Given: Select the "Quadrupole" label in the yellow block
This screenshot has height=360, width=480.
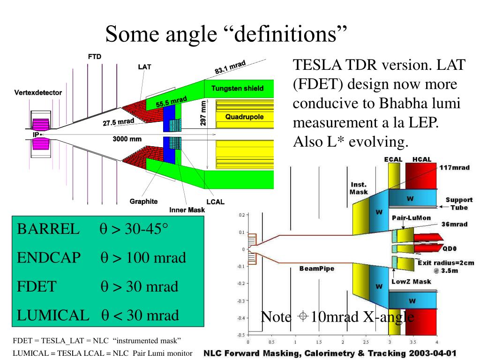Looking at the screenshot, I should pyautogui.click(x=244, y=117).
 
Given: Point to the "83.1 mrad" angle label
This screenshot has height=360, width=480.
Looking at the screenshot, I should pyautogui.click(x=230, y=67).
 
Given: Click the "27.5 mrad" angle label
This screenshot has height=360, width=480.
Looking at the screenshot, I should pyautogui.click(x=119, y=122).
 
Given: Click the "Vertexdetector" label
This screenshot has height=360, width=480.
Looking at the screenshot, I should pyautogui.click(x=38, y=93).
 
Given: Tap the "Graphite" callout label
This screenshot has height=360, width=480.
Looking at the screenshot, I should pyautogui.click(x=143, y=202).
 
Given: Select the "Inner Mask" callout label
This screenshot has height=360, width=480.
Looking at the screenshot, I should pyautogui.click(x=187, y=210).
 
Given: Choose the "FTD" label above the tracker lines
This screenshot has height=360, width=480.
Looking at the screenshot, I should pyautogui.click(x=95, y=57).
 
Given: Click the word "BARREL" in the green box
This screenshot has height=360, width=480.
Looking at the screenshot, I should pyautogui.click(x=48, y=230).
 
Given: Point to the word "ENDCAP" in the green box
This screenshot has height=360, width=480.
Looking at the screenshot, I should pyautogui.click(x=49, y=258).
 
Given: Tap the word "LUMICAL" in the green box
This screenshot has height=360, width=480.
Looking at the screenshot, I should pyautogui.click(x=53, y=315).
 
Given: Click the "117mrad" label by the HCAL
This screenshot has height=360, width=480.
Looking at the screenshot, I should pyautogui.click(x=455, y=168).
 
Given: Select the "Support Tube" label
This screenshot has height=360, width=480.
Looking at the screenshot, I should pyautogui.click(x=459, y=204).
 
